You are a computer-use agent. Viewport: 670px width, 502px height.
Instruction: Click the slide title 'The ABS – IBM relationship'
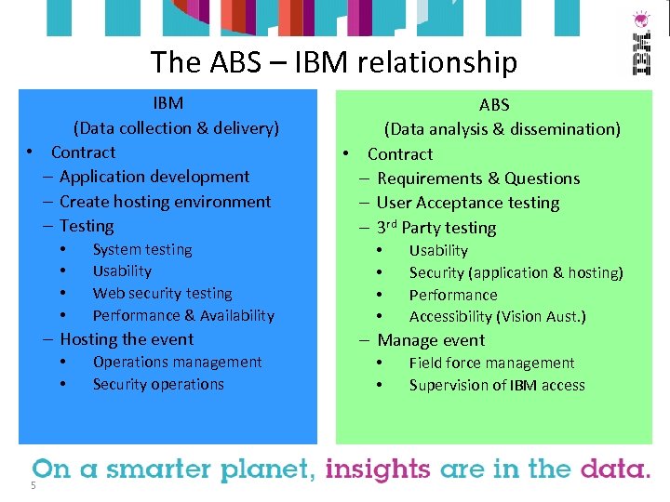click(x=333, y=62)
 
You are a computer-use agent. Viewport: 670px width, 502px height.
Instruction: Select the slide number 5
click(x=33, y=485)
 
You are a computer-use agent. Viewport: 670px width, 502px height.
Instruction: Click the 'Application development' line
click(x=154, y=177)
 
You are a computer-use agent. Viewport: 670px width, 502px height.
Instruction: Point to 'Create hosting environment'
click(x=165, y=202)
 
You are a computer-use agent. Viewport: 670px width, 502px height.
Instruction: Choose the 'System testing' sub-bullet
click(x=142, y=249)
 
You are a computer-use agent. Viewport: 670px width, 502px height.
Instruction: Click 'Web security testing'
click(x=162, y=293)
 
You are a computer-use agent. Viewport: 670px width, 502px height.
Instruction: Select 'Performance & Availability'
click(x=183, y=315)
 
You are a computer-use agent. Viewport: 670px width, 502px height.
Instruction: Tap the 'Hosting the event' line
click(x=126, y=339)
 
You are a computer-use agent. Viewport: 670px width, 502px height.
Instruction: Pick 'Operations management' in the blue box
click(x=177, y=362)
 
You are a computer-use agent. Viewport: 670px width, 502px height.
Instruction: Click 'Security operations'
click(x=158, y=384)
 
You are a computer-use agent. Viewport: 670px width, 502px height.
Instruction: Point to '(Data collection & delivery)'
click(x=177, y=128)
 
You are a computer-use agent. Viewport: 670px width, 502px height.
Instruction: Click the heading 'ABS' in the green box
click(x=494, y=105)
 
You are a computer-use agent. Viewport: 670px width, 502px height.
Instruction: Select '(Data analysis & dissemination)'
click(x=502, y=129)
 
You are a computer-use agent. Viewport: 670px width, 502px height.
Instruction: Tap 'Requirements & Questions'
click(x=477, y=178)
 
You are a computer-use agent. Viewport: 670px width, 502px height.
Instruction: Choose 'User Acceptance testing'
click(x=467, y=203)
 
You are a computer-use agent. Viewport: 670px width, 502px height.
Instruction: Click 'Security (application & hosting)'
click(x=516, y=272)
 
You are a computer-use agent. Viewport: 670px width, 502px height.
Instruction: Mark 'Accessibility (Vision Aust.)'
click(x=497, y=316)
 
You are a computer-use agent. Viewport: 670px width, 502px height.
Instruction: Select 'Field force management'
click(x=491, y=363)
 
